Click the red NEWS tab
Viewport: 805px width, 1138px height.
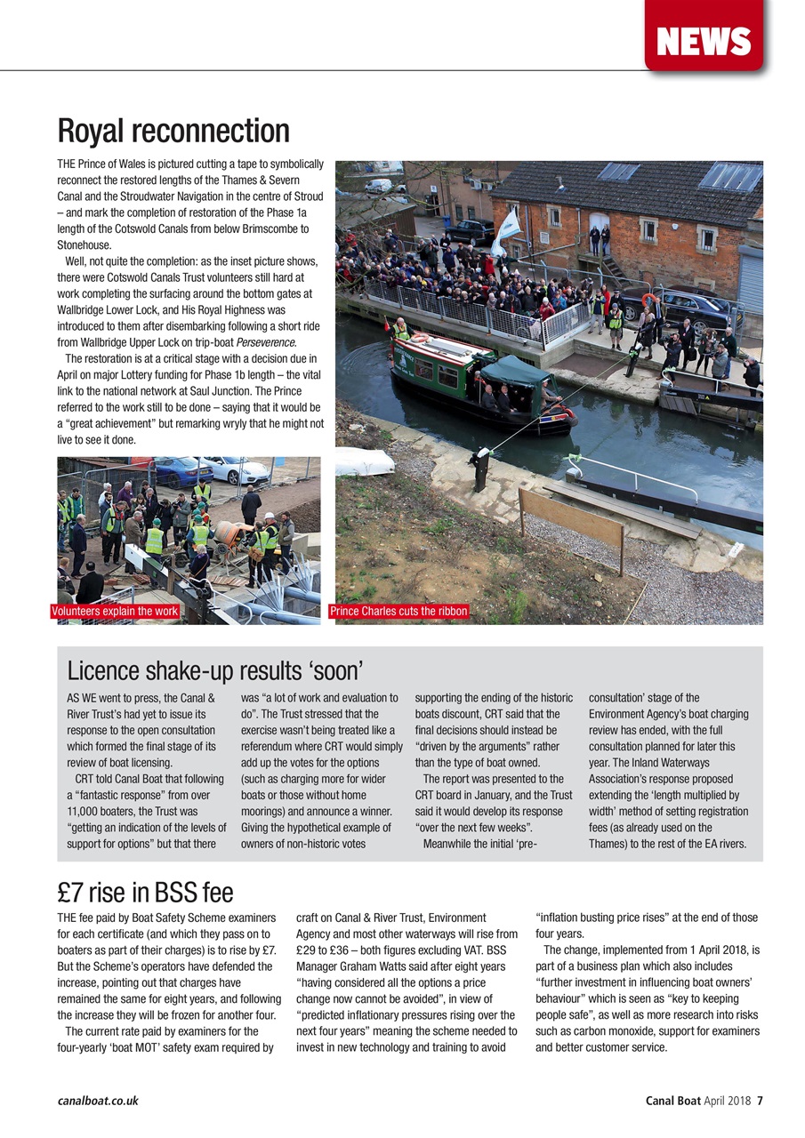coord(704,40)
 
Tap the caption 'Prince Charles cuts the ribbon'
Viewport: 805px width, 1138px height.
coord(398,612)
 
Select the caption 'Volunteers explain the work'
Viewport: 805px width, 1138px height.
coord(116,612)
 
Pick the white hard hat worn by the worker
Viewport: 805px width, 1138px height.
coord(268,517)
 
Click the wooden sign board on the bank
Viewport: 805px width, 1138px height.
coord(570,518)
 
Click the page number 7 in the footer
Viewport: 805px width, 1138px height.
coord(760,1101)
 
